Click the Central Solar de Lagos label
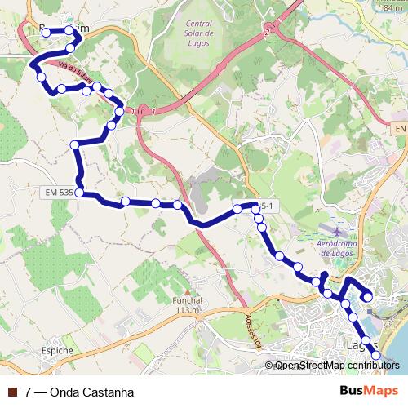[x=199, y=33]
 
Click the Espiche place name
[x=55, y=351]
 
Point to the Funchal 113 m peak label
[x=187, y=304]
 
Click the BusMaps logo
[x=370, y=391]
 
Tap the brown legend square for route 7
[x=12, y=392]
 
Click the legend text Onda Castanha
[x=91, y=392]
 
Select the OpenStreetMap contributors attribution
[x=337, y=366]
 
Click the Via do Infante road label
[x=73, y=77]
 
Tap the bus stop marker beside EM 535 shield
[x=79, y=193]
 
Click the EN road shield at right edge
[x=398, y=129]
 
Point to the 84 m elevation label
[x=395, y=7]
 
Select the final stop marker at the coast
[x=376, y=354]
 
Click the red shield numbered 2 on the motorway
[x=266, y=32]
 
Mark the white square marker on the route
[x=370, y=298]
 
